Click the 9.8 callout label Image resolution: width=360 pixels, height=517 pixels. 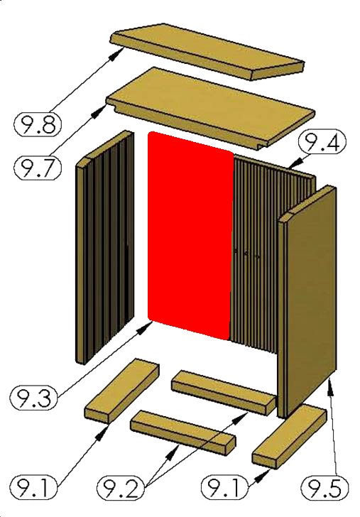(x=38, y=124)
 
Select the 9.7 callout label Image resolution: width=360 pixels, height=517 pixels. (x=38, y=168)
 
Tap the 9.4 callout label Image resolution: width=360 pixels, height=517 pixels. (x=322, y=142)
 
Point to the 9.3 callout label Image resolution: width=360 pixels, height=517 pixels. (x=34, y=398)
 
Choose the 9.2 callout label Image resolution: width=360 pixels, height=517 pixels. (x=121, y=488)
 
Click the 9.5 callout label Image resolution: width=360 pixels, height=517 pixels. (x=325, y=488)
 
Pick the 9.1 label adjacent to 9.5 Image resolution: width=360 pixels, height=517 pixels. (x=225, y=488)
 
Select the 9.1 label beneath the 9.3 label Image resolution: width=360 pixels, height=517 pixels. (x=33, y=488)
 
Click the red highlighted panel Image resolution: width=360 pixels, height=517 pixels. (x=190, y=236)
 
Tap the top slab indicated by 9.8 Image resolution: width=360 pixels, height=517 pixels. (x=207, y=51)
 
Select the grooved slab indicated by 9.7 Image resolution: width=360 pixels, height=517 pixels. (x=210, y=108)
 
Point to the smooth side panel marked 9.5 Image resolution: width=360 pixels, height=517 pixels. (x=307, y=302)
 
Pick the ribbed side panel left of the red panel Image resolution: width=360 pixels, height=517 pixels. (x=105, y=247)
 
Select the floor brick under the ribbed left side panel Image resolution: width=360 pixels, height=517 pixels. (x=121, y=391)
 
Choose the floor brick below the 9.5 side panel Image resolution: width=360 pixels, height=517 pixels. (x=289, y=436)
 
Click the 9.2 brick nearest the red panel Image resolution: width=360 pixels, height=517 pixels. (x=224, y=392)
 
